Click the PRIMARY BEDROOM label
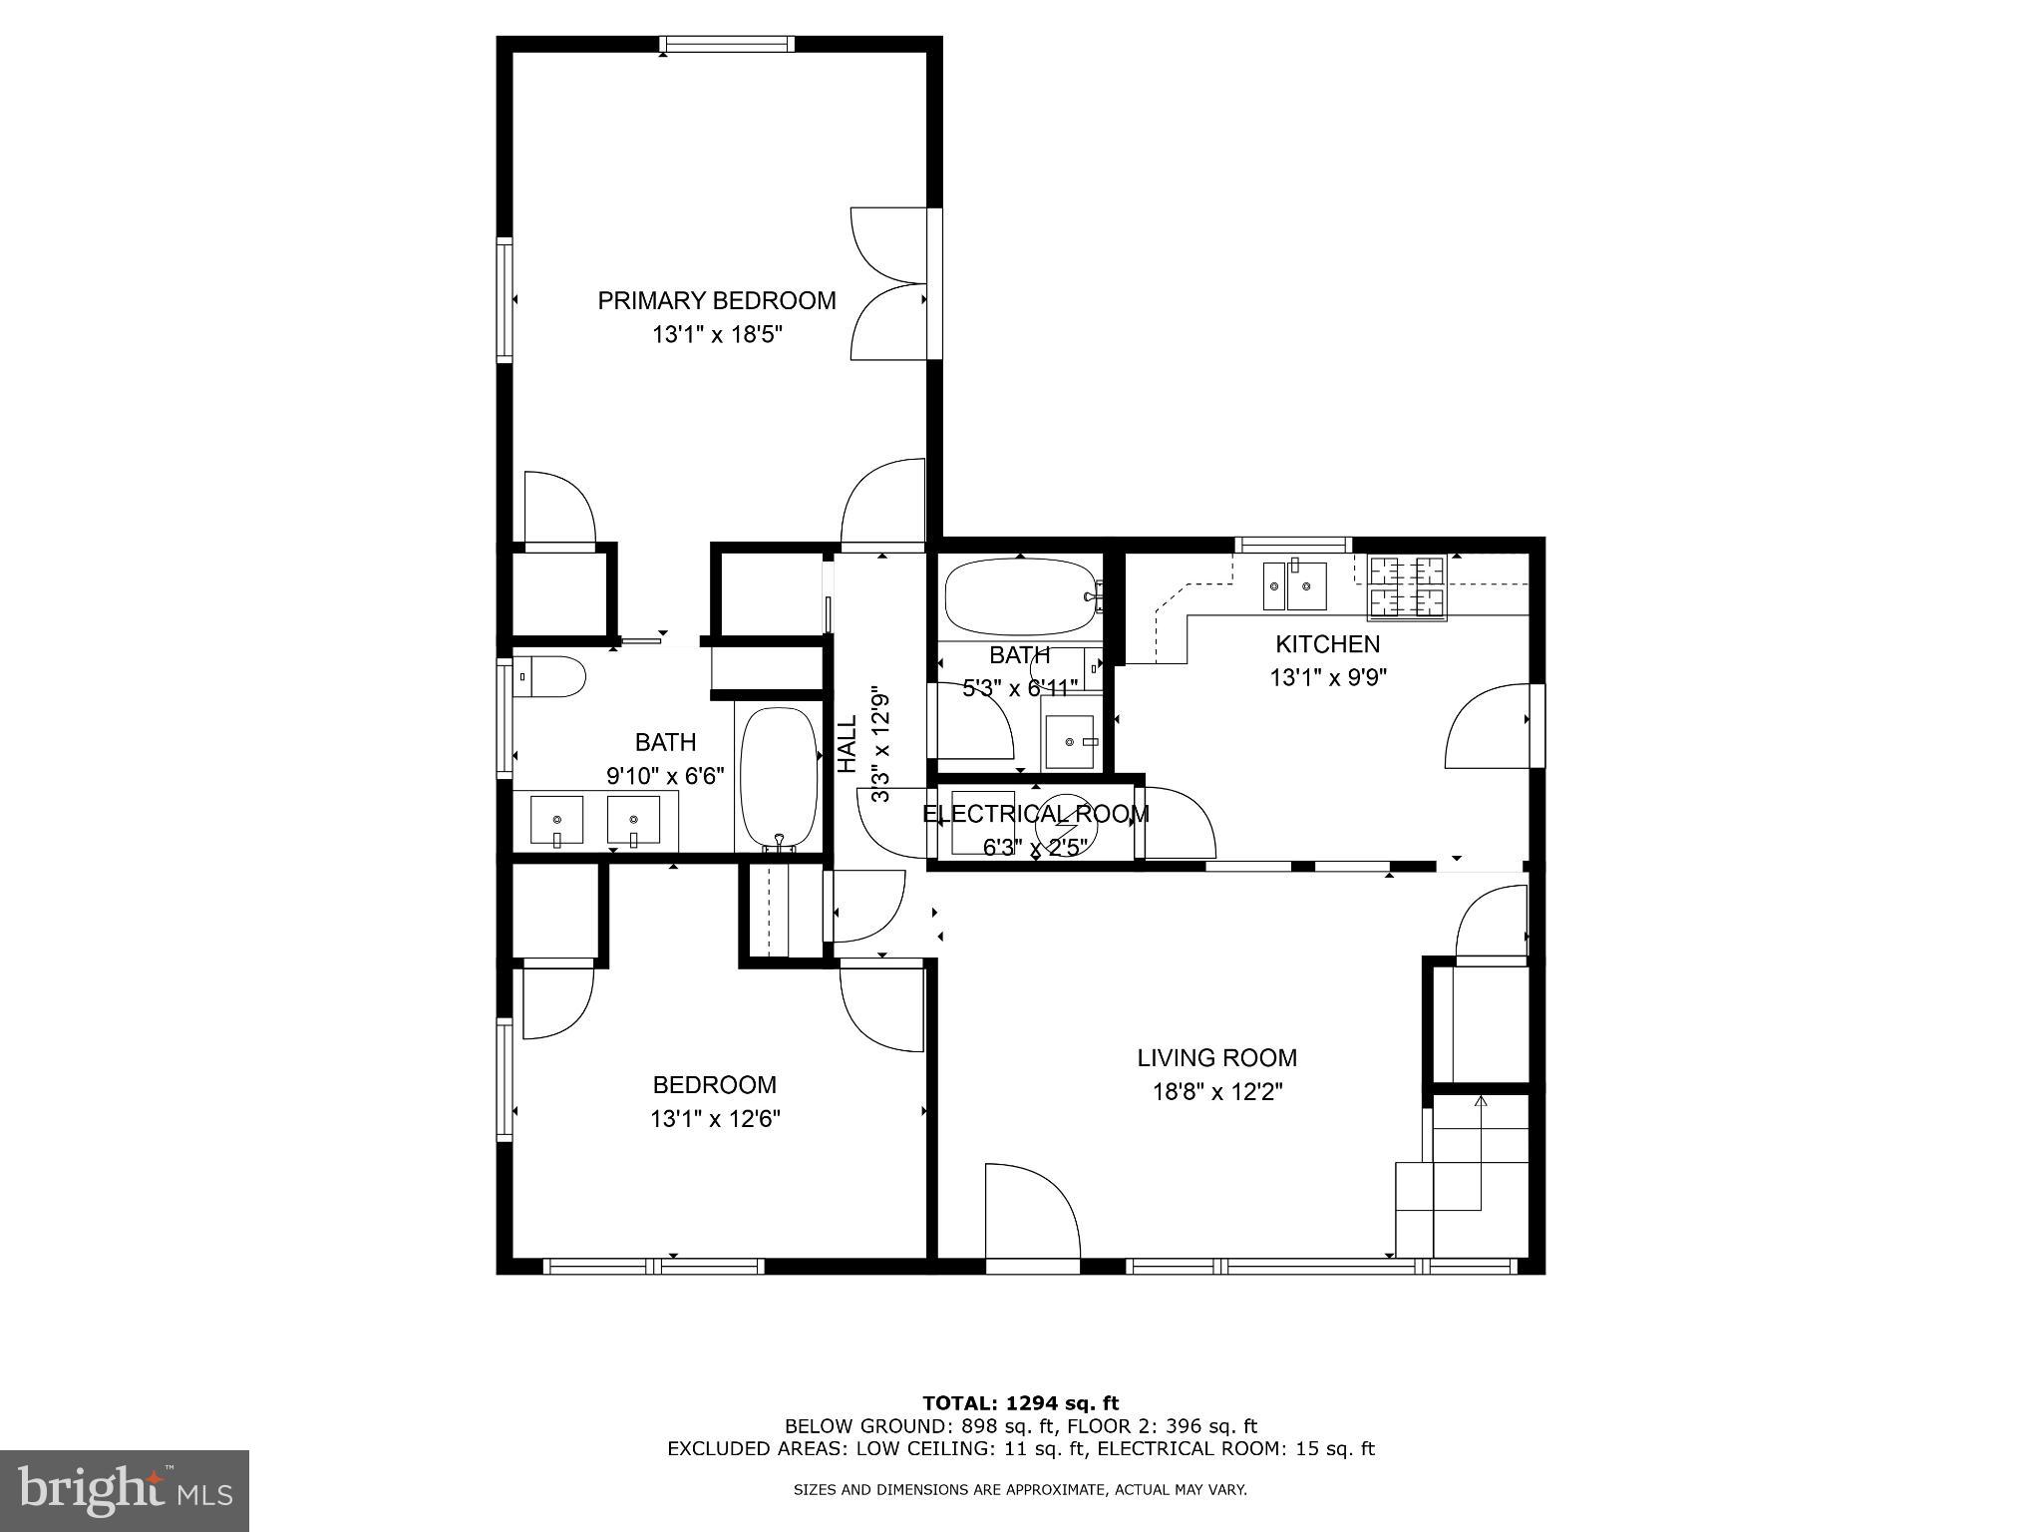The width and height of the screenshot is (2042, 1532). click(x=716, y=300)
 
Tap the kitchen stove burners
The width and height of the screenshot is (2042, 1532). click(x=1406, y=586)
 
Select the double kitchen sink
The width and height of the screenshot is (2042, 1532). click(x=1294, y=585)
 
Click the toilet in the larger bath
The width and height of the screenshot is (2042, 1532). click(x=548, y=677)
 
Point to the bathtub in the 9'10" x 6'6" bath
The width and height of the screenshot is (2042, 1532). click(x=779, y=778)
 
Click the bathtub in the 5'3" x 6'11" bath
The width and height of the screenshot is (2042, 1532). click(x=1019, y=596)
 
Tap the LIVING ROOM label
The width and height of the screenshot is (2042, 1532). click(x=1216, y=1057)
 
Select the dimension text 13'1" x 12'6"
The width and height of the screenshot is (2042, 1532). click(x=715, y=1119)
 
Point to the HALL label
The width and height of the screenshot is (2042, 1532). click(x=848, y=744)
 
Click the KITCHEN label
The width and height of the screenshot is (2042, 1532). click(x=1327, y=644)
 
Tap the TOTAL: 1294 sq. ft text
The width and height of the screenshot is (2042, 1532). click(x=1020, y=1403)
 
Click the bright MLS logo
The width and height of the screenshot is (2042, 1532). click(x=125, y=1490)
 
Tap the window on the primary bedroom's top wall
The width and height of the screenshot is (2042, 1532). click(x=728, y=44)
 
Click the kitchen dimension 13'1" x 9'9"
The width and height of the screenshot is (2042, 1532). click(x=1327, y=678)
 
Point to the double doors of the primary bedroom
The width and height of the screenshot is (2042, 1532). click(x=889, y=283)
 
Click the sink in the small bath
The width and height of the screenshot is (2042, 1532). click(x=1070, y=742)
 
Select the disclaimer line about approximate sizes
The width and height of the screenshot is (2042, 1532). click(x=1020, y=1490)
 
